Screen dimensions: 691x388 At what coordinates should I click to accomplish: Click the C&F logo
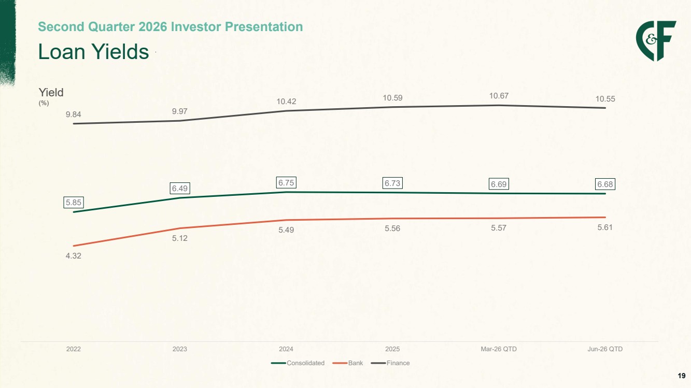point(656,41)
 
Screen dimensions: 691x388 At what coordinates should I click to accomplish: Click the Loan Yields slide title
point(93,51)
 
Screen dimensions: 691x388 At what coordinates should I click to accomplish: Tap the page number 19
point(682,376)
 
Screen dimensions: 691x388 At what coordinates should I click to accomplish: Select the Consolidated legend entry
point(298,363)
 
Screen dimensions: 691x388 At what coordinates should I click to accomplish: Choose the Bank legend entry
point(348,363)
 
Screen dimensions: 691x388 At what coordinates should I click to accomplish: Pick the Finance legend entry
point(390,363)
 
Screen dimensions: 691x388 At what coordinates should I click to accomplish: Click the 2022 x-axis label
point(74,349)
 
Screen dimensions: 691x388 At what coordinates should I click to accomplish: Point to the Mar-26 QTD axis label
point(499,349)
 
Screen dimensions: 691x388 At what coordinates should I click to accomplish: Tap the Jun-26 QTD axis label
point(605,349)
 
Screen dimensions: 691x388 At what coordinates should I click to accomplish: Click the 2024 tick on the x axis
point(286,349)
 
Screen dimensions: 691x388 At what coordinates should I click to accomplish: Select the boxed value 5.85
point(74,203)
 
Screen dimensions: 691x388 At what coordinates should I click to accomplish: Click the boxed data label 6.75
point(286,183)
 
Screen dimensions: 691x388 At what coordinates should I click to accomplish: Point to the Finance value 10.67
point(499,96)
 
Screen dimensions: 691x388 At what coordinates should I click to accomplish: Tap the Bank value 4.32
point(74,256)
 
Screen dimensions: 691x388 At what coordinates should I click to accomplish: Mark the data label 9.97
point(179,111)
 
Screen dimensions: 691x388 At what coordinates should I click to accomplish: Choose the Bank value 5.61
point(605,227)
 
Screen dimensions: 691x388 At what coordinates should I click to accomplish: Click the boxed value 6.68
point(605,184)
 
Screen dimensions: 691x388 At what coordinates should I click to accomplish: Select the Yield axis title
point(51,92)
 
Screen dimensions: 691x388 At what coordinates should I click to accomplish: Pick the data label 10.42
point(286,102)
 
